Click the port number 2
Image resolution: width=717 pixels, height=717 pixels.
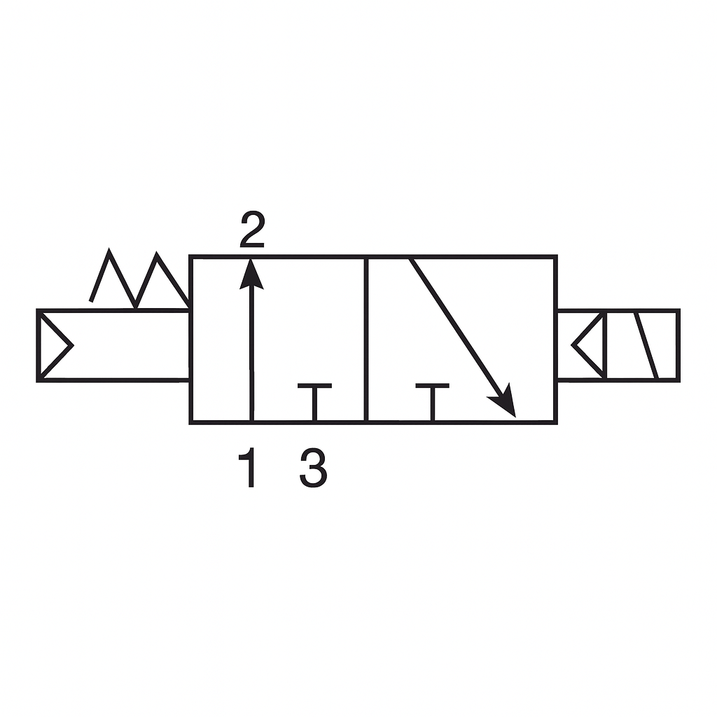[252, 230]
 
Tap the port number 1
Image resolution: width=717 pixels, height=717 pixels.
[248, 468]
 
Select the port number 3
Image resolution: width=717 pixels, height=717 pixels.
[313, 468]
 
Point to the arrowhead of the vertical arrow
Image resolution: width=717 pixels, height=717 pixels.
[251, 274]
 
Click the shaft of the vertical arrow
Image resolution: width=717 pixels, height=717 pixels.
[251, 350]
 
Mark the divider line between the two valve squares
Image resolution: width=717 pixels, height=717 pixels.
[366, 340]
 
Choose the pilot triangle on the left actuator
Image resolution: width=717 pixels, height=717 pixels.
[53, 345]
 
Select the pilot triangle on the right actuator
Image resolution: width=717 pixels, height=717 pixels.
[590, 345]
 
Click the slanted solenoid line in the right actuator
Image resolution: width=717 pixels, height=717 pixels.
[646, 345]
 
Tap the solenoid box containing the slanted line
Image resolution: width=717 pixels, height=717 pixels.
[641, 345]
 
